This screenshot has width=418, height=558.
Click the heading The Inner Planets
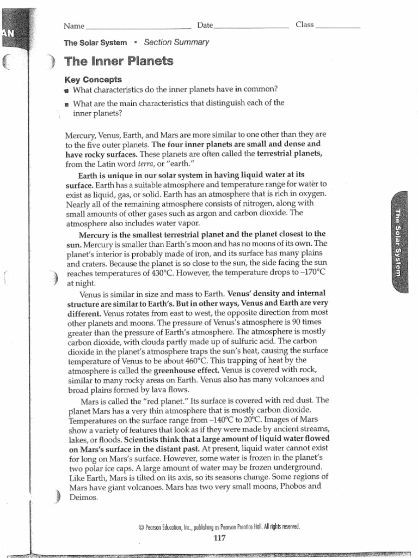point(119,61)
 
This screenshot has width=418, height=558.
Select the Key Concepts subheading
point(93,80)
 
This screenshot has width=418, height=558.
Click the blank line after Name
point(138,26)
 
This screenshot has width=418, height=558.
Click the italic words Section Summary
point(176,43)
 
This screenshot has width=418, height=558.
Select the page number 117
point(219,538)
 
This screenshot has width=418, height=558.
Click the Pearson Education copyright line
point(219,527)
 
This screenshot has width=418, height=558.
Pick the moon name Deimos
point(82,497)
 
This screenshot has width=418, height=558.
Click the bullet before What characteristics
point(67,90)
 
